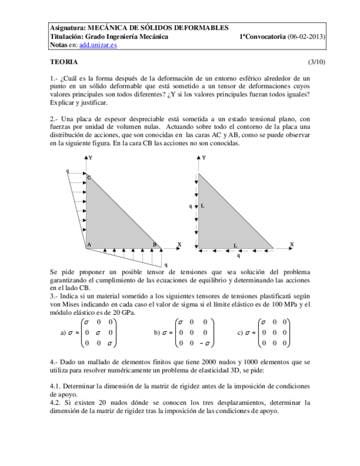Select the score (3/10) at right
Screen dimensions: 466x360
pos(317,62)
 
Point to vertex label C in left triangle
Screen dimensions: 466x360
pos(90,177)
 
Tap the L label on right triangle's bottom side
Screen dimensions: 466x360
pos(235,245)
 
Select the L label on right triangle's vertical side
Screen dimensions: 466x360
pos(202,206)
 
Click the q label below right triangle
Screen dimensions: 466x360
pos(238,256)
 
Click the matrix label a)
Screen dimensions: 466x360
pos(63,332)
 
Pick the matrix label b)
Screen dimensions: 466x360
pos(157,332)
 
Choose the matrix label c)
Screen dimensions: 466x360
pos(240,332)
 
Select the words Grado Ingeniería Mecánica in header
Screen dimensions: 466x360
pos(124,37)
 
